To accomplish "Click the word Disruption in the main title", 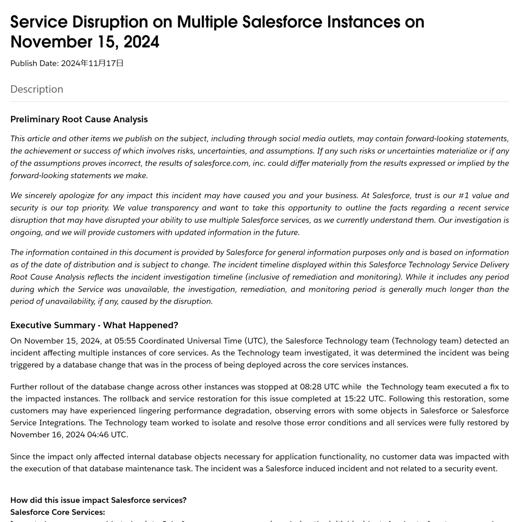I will pyautogui.click(x=110, y=22).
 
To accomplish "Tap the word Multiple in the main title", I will pyautogui.click(x=207, y=22).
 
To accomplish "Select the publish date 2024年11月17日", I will pyautogui.click(x=92, y=63).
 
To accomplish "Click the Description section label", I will pyautogui.click(x=37, y=89).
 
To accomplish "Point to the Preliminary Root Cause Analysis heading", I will pyautogui.click(x=79, y=119).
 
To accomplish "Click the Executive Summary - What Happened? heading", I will pyautogui.click(x=94, y=325).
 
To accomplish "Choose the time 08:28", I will pyautogui.click(x=311, y=387).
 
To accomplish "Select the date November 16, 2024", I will pyautogui.click(x=48, y=435).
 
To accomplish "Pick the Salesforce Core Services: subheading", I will pyautogui.click(x=58, y=512).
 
